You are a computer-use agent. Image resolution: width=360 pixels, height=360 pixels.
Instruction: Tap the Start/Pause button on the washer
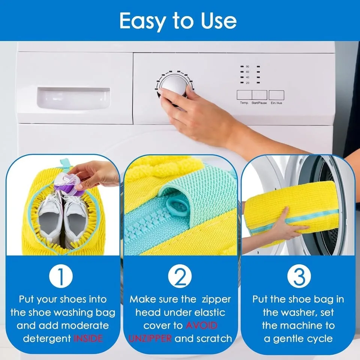coord(259,95)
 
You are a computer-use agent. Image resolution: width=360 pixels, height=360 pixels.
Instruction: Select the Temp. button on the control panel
coord(244,95)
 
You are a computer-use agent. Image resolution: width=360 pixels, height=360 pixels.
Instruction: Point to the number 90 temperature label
coord(247,66)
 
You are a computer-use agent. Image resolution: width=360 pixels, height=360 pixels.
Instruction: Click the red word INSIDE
coord(88,338)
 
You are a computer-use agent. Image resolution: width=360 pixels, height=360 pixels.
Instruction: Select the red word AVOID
coord(201,325)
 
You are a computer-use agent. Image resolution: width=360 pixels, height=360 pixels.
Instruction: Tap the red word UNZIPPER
coord(150,338)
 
